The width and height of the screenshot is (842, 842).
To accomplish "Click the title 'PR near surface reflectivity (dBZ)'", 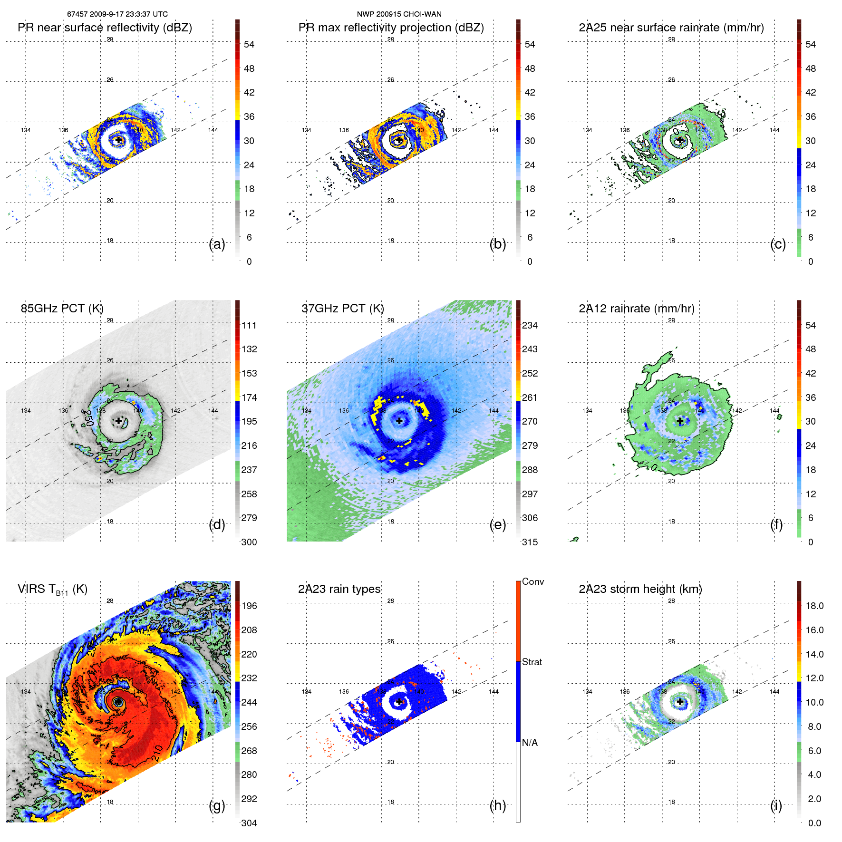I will [x=105, y=28].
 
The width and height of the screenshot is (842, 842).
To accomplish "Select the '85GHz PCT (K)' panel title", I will [x=62, y=309].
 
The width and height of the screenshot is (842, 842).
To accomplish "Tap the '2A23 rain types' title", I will [x=339, y=589].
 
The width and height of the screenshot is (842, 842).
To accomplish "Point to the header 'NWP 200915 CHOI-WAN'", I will [x=399, y=14].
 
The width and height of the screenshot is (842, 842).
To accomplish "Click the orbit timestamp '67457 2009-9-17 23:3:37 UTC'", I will [x=117, y=14].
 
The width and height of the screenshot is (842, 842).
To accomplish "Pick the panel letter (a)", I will [x=217, y=244].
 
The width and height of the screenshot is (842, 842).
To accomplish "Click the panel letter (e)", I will [x=497, y=524].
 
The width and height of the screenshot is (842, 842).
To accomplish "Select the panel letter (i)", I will [x=776, y=805].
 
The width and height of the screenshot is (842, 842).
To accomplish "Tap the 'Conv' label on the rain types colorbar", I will [x=533, y=581].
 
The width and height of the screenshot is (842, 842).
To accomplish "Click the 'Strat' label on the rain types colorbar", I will [x=532, y=662].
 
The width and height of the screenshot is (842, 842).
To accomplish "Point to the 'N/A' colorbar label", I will [x=530, y=743].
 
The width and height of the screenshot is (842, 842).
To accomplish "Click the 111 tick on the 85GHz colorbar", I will [x=249, y=325].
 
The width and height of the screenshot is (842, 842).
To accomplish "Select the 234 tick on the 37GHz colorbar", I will [x=530, y=325].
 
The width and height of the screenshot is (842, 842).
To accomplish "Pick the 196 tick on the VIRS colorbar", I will [x=249, y=606].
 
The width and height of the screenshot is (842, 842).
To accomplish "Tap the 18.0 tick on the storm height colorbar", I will [x=814, y=606].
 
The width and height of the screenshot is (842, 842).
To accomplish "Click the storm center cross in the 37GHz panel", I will [x=399, y=421].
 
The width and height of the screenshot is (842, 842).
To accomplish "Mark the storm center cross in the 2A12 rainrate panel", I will [x=680, y=421].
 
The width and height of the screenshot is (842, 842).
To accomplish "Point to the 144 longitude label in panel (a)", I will [x=213, y=130].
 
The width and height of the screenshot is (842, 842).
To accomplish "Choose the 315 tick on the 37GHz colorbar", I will [x=530, y=542].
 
